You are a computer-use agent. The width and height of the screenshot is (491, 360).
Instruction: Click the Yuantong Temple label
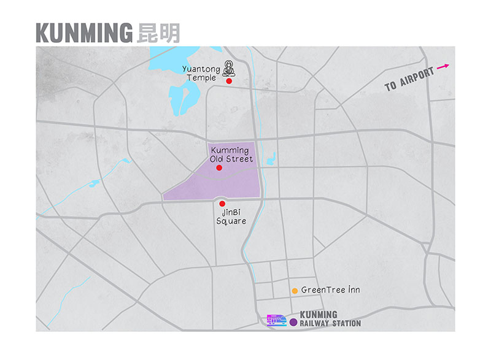201,73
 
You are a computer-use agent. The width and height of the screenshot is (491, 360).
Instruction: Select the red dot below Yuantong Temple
229,81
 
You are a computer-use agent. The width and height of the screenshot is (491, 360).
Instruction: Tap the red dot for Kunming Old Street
219,167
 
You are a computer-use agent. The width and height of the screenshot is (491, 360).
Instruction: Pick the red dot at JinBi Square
222,204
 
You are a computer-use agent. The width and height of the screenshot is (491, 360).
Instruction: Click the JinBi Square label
230,216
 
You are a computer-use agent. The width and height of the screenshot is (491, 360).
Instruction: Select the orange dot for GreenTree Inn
295,290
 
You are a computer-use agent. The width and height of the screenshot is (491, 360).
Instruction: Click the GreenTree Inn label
330,290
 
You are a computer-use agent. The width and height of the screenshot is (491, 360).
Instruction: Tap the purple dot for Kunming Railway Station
293,321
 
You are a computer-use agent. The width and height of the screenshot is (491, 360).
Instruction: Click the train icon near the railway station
277,320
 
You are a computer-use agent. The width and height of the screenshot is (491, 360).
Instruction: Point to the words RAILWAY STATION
330,323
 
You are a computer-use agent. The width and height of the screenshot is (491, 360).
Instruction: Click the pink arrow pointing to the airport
443,66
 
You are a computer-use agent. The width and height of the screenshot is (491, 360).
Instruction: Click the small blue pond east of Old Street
271,158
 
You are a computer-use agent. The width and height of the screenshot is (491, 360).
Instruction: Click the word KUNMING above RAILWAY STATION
319,315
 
